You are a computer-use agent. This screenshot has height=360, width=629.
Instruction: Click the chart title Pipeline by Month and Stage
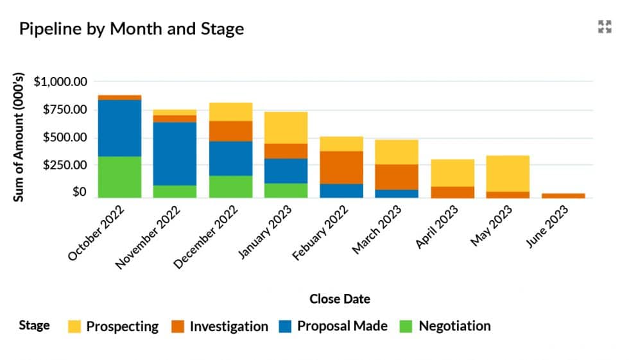tap(132, 29)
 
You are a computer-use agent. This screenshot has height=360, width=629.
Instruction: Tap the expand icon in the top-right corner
tap(604, 26)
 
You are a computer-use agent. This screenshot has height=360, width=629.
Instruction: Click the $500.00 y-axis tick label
tap(64, 137)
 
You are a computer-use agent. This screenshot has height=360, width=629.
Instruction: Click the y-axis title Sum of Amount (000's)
tap(19, 138)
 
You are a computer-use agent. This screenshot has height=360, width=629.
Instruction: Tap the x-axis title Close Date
tap(340, 299)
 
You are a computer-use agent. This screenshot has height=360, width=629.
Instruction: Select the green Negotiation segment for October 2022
tap(119, 176)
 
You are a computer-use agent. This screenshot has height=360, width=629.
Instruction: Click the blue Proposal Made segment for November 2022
tap(175, 153)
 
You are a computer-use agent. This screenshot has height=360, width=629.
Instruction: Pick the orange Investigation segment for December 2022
tap(230, 131)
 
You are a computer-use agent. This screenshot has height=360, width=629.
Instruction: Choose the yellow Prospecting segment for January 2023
tap(286, 128)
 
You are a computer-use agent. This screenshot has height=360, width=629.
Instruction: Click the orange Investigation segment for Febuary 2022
tap(341, 167)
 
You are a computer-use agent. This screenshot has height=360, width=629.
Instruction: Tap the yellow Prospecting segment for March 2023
tap(397, 152)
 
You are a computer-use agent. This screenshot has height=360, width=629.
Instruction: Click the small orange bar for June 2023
tap(563, 195)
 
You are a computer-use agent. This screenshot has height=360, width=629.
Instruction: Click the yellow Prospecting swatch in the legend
tap(74, 327)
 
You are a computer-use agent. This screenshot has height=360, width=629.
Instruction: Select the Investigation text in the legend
tap(228, 326)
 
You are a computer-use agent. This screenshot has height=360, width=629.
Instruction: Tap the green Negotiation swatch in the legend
tap(406, 327)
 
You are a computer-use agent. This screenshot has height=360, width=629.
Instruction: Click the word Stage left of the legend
tap(34, 325)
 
